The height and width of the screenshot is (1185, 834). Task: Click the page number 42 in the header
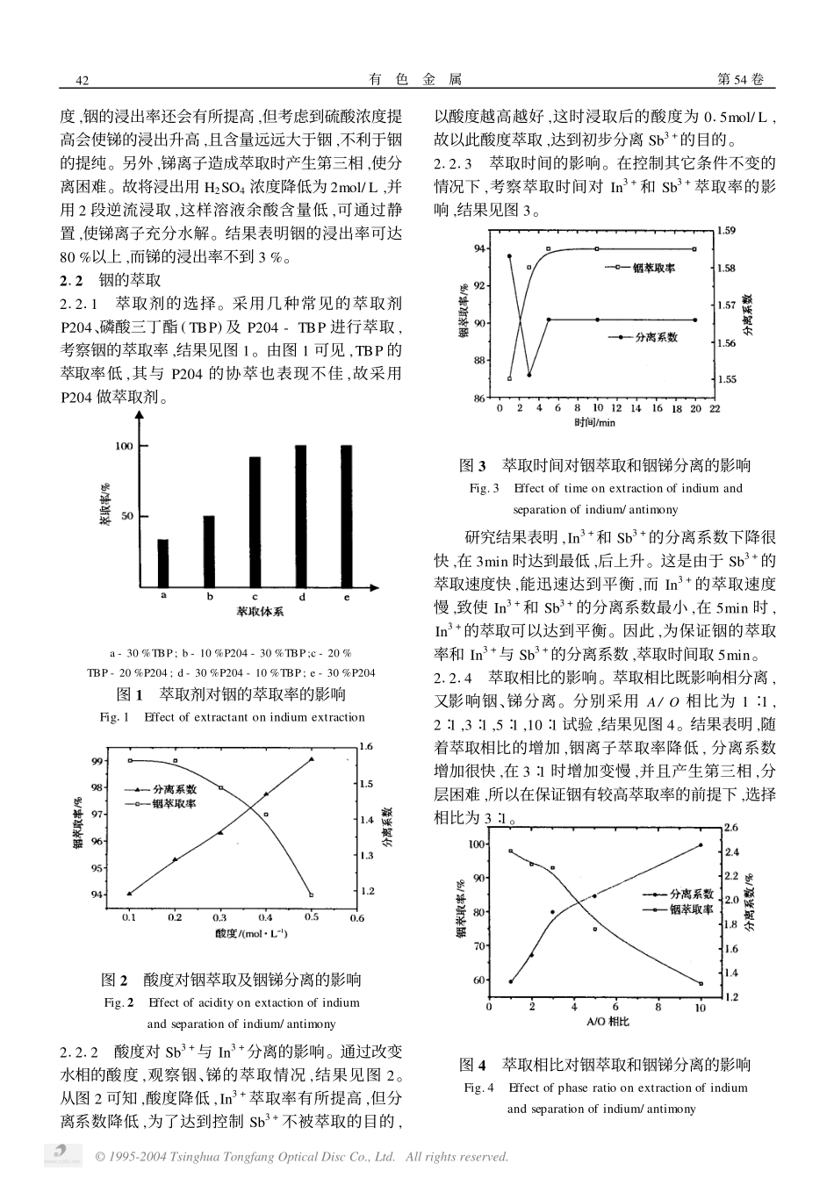84,81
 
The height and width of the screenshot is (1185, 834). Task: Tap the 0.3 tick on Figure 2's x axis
219,918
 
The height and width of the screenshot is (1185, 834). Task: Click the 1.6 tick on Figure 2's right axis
366,747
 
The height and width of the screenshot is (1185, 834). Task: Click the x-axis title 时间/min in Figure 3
595,422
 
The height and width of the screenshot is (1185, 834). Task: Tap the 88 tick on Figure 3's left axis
478,361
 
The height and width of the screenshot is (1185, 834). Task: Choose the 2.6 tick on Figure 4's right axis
730,828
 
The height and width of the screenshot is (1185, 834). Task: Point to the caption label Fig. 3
484,488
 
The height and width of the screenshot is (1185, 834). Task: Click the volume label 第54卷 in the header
740,80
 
